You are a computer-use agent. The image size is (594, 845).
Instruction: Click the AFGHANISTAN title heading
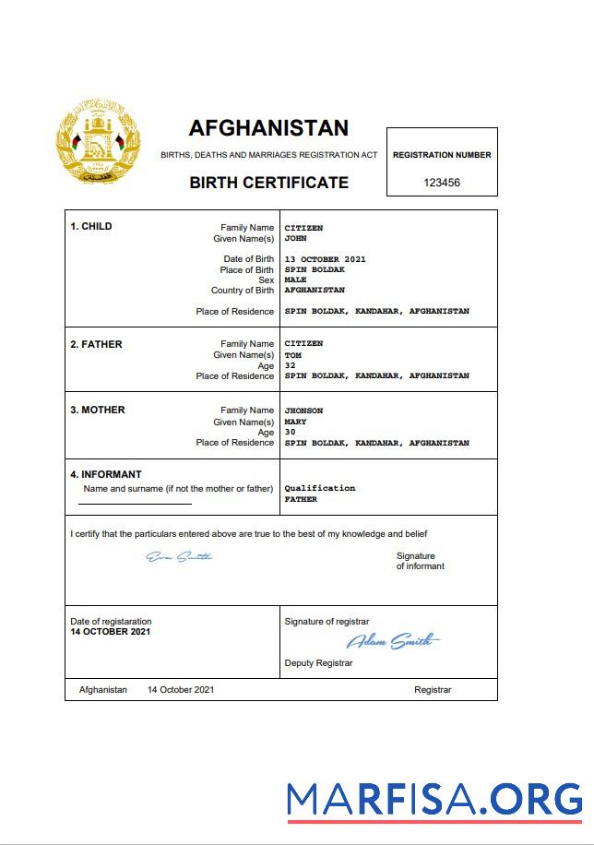coord(268,127)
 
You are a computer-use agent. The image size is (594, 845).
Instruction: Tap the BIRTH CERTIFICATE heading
coord(268,183)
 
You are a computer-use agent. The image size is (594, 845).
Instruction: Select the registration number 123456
coord(442,183)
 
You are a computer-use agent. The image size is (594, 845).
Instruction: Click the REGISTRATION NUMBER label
coord(442,155)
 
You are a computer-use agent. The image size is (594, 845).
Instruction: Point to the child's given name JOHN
coord(295,238)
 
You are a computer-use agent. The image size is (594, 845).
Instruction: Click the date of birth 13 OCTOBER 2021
coord(325,259)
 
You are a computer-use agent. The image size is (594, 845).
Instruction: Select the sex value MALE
coord(295,280)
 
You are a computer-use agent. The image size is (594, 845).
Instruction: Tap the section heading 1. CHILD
coord(91,226)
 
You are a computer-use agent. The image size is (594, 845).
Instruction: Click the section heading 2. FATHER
coord(96,344)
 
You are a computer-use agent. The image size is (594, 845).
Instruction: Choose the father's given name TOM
coord(292,355)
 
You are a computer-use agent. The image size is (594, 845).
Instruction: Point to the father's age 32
coord(290,365)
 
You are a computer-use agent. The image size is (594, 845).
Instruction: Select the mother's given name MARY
coord(295,422)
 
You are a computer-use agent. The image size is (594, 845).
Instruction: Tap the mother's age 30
coord(290,433)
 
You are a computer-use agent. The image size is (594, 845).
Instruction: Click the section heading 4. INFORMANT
coord(106,475)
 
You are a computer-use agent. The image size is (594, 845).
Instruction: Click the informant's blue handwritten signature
coord(180,556)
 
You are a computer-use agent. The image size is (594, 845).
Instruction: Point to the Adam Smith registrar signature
coord(393,641)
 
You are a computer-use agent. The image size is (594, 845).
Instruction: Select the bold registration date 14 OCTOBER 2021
coord(111,632)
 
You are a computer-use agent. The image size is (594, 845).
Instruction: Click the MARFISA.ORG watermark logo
coord(434,799)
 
